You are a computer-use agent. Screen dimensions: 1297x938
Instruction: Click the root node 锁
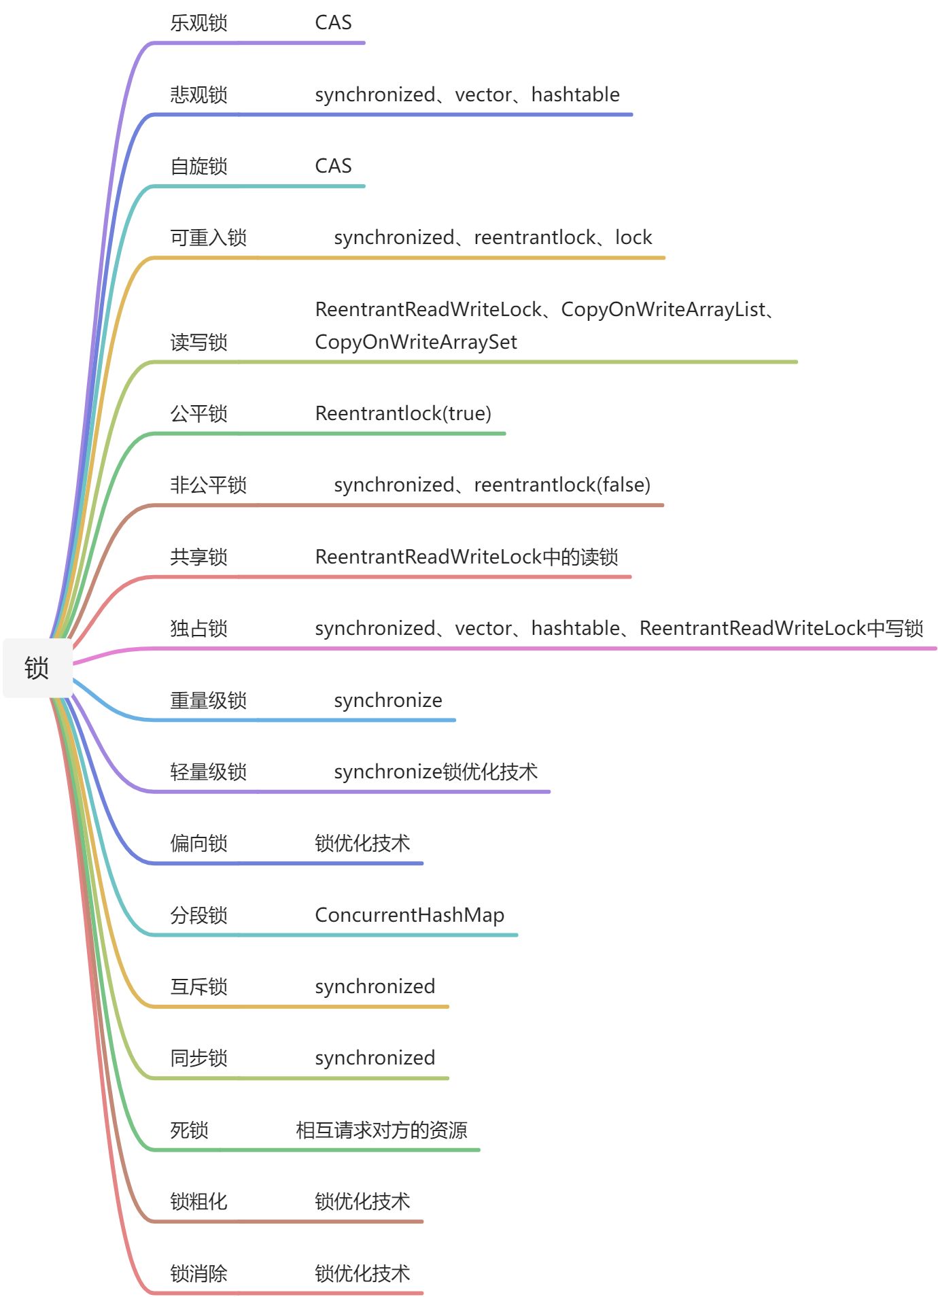tap(37, 668)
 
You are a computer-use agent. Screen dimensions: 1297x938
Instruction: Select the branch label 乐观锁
tap(198, 22)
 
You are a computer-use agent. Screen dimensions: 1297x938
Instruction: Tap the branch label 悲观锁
tap(198, 94)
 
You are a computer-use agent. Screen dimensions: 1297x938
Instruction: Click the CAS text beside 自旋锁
tap(333, 166)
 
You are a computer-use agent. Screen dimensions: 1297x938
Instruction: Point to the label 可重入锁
tap(208, 237)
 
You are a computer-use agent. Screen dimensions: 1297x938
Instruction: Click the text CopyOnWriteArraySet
tap(415, 342)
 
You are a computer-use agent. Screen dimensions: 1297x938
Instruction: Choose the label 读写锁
tap(198, 342)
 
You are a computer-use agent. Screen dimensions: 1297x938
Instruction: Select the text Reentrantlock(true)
tap(403, 413)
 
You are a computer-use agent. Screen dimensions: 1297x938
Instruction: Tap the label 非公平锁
tap(208, 485)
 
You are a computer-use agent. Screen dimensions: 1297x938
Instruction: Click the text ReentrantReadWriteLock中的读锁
tap(466, 557)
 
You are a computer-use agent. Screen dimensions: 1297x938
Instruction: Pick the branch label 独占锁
tap(198, 628)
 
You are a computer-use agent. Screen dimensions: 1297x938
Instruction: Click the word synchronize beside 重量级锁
tap(387, 700)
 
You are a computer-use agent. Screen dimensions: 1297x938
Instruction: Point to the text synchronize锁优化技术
tap(436, 772)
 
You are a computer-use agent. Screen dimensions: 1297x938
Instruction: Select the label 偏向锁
tap(198, 843)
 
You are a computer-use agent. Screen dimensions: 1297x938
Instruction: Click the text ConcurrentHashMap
tap(409, 915)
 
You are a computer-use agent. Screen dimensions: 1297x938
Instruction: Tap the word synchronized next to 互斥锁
tap(375, 986)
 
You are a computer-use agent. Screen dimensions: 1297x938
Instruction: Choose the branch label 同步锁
tap(198, 1058)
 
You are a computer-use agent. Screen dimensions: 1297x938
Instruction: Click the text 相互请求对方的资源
tap(381, 1130)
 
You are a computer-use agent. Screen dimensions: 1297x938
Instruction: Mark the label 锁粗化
tap(198, 1201)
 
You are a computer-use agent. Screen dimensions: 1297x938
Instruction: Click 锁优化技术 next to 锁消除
tap(362, 1273)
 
